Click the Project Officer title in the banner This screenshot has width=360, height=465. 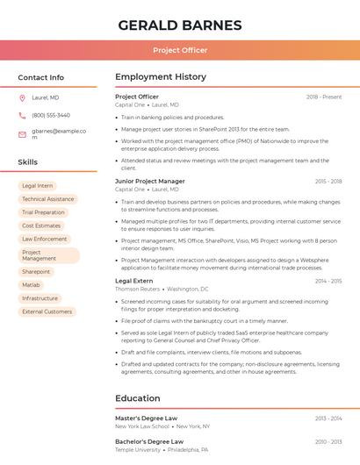click(179, 50)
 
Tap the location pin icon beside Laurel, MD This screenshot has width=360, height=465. click(22, 98)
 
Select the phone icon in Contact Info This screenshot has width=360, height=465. click(22, 116)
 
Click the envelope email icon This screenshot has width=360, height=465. click(22, 134)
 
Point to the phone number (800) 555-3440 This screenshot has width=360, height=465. click(51, 116)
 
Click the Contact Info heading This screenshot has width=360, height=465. click(40, 77)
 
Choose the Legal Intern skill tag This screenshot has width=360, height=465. click(38, 186)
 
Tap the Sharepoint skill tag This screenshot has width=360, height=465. click(36, 272)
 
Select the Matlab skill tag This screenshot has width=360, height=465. click(32, 285)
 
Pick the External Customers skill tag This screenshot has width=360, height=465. click(47, 311)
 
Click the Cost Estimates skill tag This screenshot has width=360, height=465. click(41, 225)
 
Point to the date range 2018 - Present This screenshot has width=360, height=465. click(324, 97)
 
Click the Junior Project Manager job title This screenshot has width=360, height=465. click(150, 182)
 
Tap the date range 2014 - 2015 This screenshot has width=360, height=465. click(328, 282)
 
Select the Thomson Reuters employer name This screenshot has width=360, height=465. click(138, 289)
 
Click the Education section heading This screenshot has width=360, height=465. click(138, 398)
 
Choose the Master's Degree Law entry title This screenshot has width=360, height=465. click(146, 418)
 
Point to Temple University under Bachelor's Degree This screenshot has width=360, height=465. click(138, 449)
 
